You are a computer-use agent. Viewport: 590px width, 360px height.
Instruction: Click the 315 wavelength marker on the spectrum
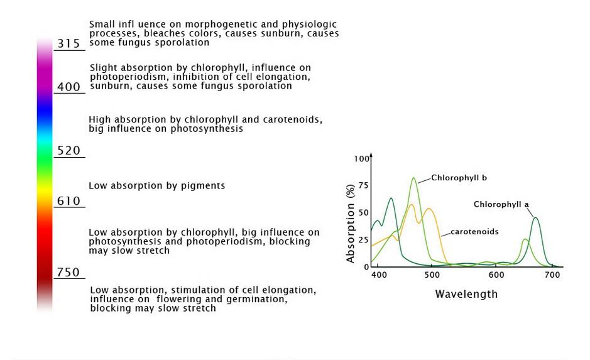click(x=69, y=43)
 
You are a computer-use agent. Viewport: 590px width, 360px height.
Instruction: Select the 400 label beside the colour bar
click(x=69, y=87)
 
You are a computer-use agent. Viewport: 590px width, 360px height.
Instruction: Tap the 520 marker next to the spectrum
click(x=69, y=151)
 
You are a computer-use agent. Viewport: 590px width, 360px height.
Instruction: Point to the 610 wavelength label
click(x=69, y=201)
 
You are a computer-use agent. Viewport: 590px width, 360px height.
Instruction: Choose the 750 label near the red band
click(x=69, y=272)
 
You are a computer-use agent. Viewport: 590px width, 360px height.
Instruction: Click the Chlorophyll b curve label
click(x=459, y=178)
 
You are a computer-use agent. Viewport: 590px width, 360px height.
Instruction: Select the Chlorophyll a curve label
click(x=501, y=204)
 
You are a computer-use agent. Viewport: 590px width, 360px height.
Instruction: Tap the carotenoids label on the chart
click(x=474, y=232)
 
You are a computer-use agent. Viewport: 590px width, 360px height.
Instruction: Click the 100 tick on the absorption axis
click(x=361, y=159)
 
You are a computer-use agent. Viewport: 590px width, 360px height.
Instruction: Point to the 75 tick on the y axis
click(x=364, y=186)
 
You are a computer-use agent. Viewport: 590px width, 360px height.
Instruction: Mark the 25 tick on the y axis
click(x=364, y=240)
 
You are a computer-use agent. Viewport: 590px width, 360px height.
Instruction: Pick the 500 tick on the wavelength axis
click(x=432, y=275)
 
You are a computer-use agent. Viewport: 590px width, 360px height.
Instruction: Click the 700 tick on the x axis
click(x=553, y=275)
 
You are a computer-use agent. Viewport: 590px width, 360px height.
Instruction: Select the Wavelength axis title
click(x=466, y=294)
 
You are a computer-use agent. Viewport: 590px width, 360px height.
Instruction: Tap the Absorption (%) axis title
click(x=351, y=224)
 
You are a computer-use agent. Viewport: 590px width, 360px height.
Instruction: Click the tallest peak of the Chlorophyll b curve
click(x=413, y=178)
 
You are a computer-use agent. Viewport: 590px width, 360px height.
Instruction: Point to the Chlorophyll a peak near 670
click(x=535, y=217)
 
